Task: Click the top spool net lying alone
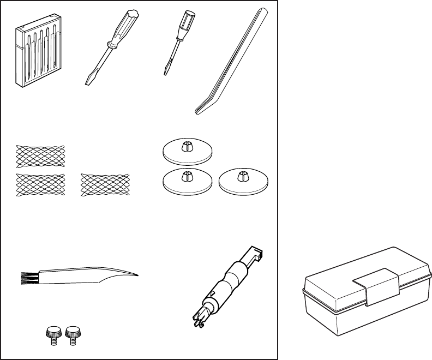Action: (x=40, y=155)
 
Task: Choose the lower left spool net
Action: (x=40, y=184)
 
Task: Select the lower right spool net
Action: (x=105, y=184)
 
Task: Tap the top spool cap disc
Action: (x=187, y=151)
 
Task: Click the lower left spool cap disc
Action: (x=187, y=181)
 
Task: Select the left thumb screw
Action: (x=52, y=334)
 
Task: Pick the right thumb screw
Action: (x=71, y=334)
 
